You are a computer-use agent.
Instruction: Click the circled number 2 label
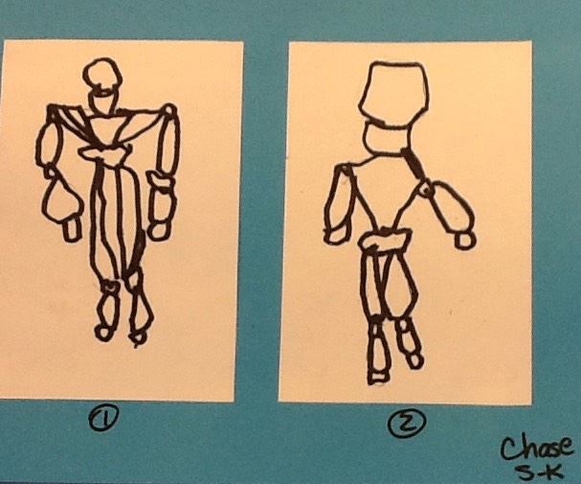(x=407, y=423)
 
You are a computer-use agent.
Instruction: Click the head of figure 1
(x=102, y=75)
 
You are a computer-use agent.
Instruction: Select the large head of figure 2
(x=395, y=91)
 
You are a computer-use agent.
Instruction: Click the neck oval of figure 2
(x=388, y=136)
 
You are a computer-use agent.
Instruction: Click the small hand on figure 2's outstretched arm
(x=464, y=240)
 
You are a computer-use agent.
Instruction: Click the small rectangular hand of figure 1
(x=71, y=229)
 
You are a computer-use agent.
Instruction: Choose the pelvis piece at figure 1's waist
(x=103, y=153)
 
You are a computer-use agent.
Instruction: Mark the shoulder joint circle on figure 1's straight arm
(x=169, y=110)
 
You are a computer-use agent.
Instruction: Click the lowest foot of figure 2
(x=377, y=377)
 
